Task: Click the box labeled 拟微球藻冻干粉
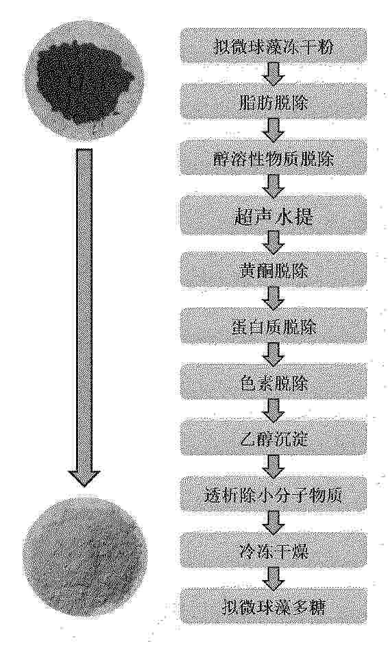274,45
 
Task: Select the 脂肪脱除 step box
274,101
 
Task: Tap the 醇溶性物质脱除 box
274,158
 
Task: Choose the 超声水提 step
274,214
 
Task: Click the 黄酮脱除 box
274,270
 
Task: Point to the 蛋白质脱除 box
274,326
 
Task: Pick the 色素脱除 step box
274,381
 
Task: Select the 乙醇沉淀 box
274,437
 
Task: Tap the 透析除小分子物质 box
274,494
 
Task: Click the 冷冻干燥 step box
274,550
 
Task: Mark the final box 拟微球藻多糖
274,605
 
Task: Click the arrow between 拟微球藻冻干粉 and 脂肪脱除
274,73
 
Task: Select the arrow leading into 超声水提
274,186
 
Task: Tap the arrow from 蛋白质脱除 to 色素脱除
274,354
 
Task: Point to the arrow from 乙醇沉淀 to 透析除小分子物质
274,466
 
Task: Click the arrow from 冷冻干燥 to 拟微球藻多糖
274,578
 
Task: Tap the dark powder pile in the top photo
85,85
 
